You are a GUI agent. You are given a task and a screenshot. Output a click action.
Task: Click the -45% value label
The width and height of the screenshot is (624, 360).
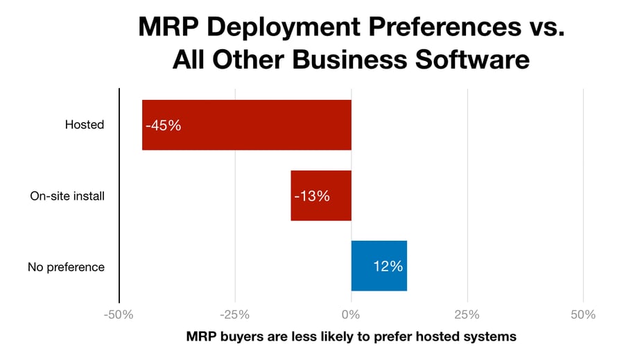tap(163, 126)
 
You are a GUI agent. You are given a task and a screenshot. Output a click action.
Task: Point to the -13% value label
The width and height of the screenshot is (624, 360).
tap(311, 196)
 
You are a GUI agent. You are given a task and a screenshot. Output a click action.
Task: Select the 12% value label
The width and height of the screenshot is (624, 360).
tap(388, 266)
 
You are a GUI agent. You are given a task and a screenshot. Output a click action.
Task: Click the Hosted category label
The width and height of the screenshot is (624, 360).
tap(85, 125)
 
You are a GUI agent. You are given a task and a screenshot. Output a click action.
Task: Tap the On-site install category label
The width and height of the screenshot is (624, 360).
tap(67, 196)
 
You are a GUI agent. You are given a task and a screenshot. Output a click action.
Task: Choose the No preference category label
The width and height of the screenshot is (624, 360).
tap(67, 266)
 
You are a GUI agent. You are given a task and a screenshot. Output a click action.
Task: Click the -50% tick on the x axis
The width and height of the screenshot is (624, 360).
tap(119, 314)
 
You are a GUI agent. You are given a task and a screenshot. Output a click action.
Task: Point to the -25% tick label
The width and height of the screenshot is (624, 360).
tap(235, 314)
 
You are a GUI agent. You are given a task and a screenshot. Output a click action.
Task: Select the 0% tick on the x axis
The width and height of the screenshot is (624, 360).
tap(352, 314)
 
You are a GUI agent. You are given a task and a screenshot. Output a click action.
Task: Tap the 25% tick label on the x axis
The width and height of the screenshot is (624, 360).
tap(467, 314)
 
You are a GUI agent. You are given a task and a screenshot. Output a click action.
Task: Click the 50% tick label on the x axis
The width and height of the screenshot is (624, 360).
tap(583, 314)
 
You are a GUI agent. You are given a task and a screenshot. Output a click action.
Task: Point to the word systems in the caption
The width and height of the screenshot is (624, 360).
tap(491, 338)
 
